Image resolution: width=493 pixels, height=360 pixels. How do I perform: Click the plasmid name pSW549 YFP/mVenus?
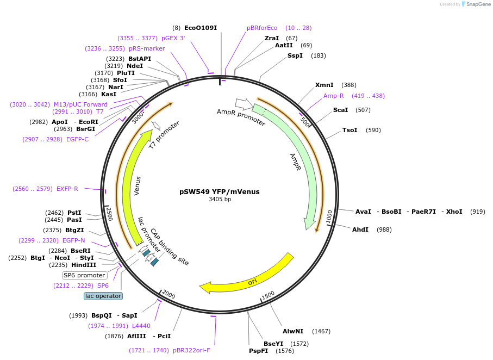pos(220,191)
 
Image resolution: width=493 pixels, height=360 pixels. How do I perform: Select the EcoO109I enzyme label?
pos(200,28)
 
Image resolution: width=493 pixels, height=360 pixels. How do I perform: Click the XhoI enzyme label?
pos(454,212)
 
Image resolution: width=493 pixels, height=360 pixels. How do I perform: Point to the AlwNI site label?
pos(295,331)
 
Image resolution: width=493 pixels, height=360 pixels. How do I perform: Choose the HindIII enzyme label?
pos(84,265)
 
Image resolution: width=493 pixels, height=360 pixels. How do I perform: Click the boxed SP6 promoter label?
pos(84,275)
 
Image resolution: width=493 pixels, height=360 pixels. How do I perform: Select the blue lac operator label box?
pos(103,296)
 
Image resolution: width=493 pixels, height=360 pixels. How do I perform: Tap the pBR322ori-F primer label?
pos(191,350)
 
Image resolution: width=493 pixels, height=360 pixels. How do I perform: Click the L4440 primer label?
pos(141,326)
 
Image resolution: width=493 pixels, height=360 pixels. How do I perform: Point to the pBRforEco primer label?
pos(262,28)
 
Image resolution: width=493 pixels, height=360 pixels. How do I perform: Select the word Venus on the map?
pos(138,186)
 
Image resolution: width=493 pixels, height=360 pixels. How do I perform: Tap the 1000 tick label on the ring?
pos(329,216)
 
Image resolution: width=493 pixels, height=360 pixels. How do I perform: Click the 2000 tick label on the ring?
pos(169,295)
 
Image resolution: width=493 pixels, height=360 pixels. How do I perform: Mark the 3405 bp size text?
pos(220,200)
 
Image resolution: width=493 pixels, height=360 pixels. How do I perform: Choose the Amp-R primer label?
pos(334,96)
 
